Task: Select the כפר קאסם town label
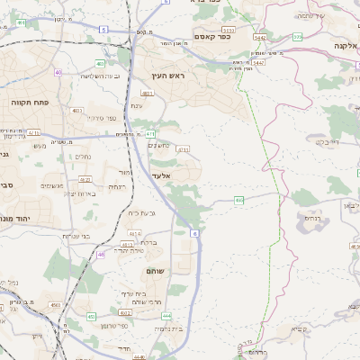pos(212,37)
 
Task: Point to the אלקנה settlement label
pos(345,46)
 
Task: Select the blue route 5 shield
pos(103,30)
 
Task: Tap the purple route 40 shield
pos(59,72)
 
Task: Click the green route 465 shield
pos(238,200)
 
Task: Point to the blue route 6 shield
pos(195,234)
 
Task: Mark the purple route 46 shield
pos(101,255)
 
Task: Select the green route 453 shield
pos(91,316)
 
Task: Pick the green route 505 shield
pos(297,37)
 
